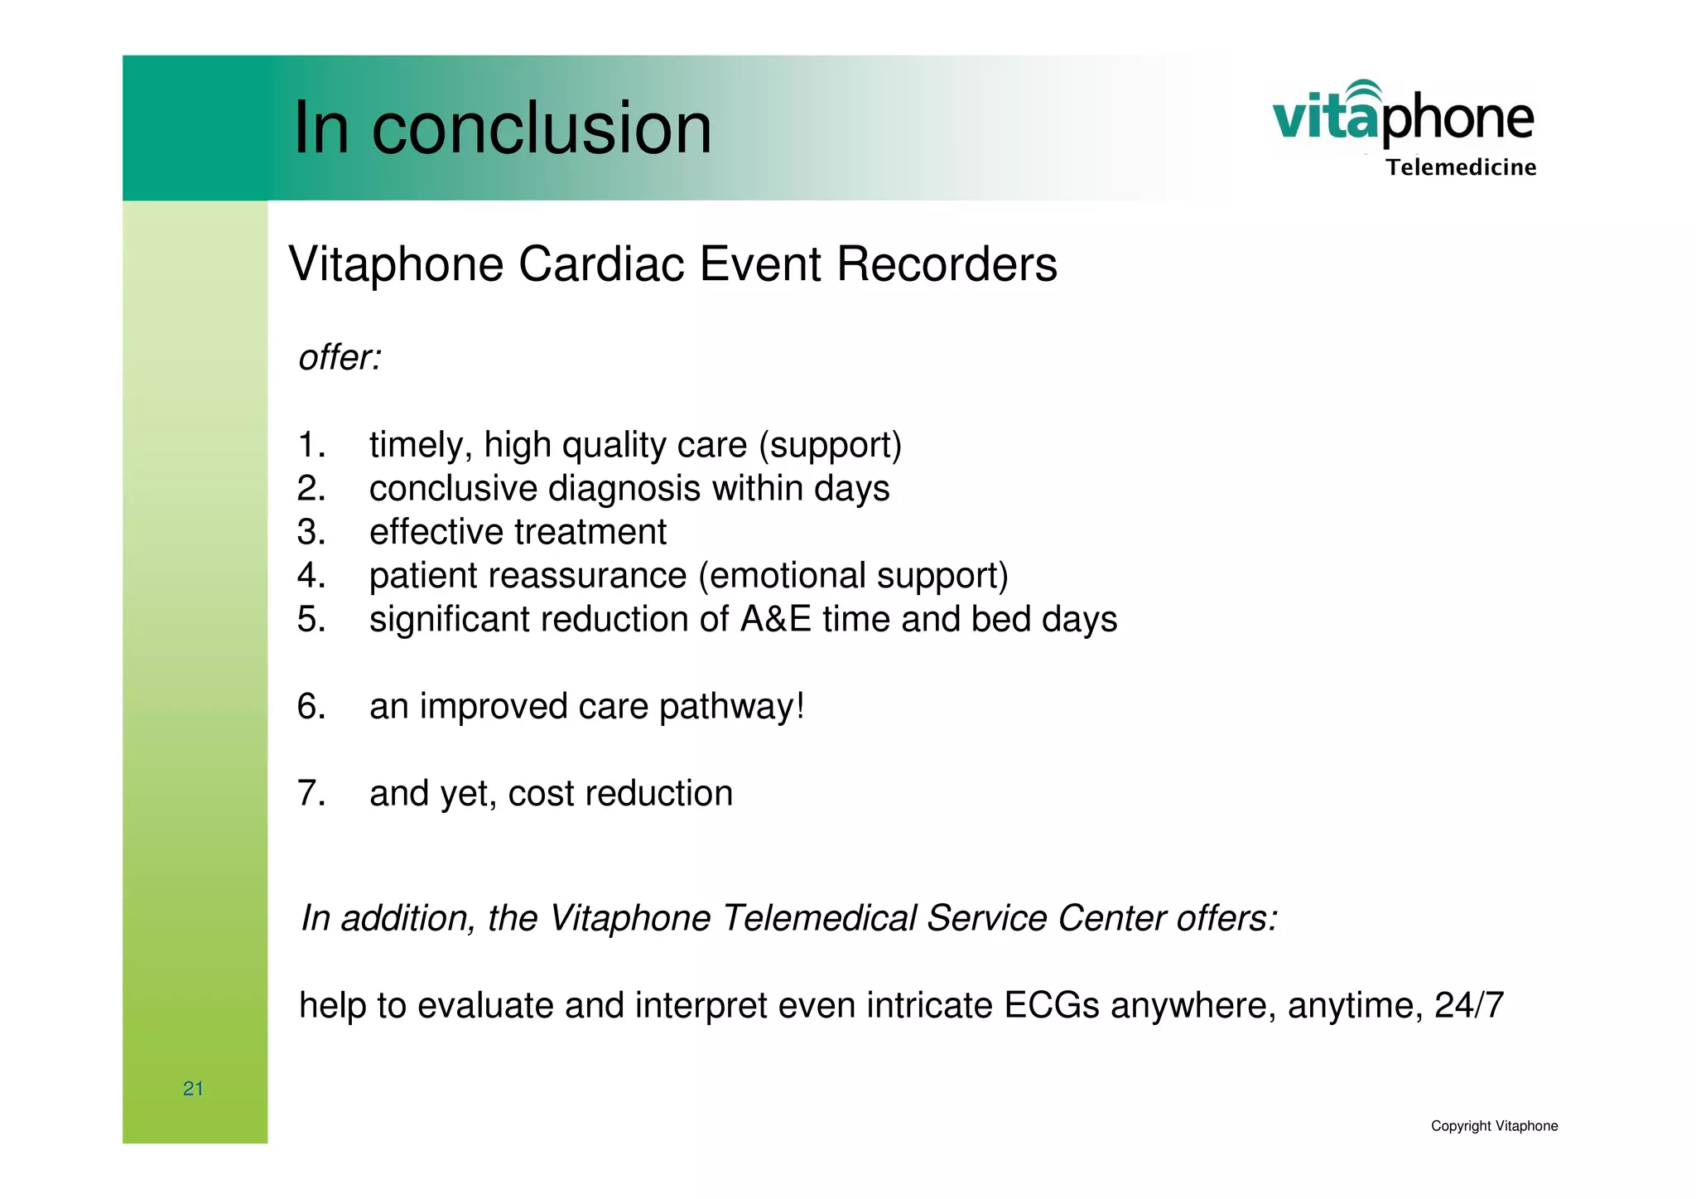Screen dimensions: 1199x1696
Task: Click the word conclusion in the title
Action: [x=542, y=128]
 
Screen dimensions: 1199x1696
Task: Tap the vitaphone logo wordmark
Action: [x=1403, y=117]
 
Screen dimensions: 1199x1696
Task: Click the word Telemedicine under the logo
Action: [x=1461, y=167]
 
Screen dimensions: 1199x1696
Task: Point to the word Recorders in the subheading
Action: [x=947, y=264]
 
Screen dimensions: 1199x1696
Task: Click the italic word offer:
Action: [x=340, y=358]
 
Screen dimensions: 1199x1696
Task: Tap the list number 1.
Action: [x=311, y=445]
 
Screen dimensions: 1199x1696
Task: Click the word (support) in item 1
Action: [x=830, y=445]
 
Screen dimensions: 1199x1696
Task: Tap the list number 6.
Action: [x=311, y=706]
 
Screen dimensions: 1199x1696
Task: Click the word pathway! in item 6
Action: [x=731, y=707]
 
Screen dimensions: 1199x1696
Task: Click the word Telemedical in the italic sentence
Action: [x=818, y=918]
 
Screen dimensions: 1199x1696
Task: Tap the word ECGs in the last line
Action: [x=1051, y=1005]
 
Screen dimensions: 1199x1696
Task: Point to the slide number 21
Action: [x=193, y=1089]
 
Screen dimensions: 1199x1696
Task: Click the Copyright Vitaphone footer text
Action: [x=1494, y=1126]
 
